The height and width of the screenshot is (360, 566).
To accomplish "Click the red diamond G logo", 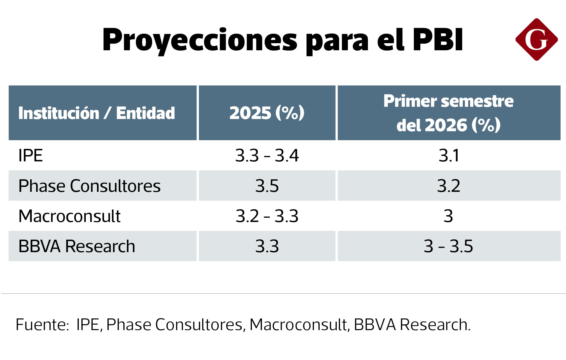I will tap(536, 40).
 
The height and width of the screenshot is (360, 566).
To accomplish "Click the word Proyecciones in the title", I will tap(200, 40).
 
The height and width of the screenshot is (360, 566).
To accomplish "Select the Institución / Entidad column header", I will tap(96, 113).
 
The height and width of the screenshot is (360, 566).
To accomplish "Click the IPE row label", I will tap(30, 155).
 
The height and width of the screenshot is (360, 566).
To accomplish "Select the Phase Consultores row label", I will tap(89, 186).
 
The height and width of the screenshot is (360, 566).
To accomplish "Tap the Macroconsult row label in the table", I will tap(69, 216).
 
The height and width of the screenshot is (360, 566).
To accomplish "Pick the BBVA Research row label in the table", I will tap(77, 246).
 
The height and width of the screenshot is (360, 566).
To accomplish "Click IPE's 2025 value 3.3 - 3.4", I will tap(267, 155).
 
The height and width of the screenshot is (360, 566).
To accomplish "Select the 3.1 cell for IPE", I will tap(449, 155).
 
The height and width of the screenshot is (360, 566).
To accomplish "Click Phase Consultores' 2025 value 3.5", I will tap(267, 186).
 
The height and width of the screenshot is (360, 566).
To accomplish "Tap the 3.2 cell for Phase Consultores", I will tap(449, 186).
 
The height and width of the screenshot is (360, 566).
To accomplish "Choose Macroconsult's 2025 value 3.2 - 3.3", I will tap(267, 216).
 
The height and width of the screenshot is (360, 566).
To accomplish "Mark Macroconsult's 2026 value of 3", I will tap(448, 216).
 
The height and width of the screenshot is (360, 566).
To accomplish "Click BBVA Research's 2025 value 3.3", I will tap(267, 246).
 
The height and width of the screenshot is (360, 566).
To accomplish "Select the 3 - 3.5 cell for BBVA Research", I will tap(448, 246).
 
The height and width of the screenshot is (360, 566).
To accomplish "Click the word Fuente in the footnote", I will tap(42, 324).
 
